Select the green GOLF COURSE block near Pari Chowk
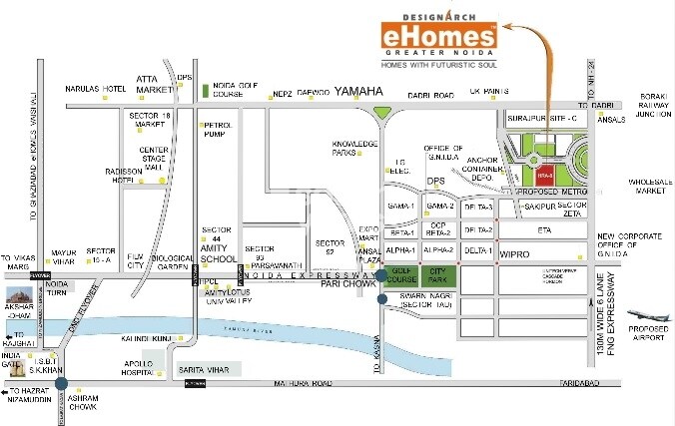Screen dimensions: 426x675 click(402, 274)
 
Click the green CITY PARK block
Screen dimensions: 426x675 click(438, 274)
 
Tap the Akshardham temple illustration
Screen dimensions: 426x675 click(20, 297)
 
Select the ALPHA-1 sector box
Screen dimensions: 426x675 click(400, 250)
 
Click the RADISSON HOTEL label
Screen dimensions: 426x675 click(122, 177)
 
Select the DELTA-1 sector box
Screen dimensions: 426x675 click(478, 250)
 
